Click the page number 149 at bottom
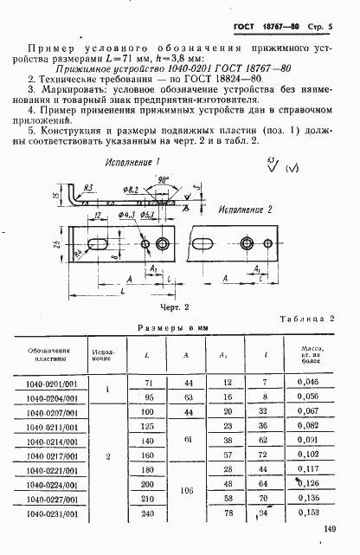[330, 531]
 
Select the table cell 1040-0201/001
[54, 382]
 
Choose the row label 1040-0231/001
[54, 513]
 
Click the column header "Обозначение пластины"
[54, 355]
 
